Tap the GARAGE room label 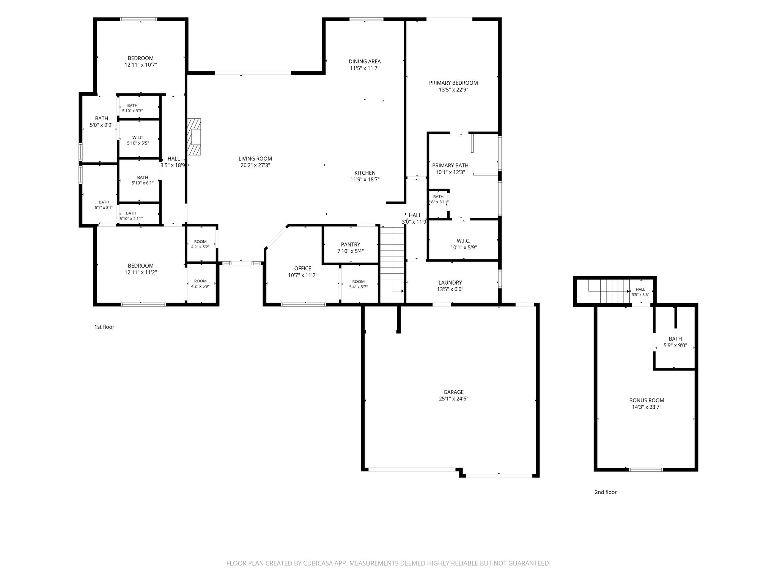coord(453,392)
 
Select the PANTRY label coord(351,244)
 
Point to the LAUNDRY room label coord(450,282)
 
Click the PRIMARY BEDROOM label coord(453,83)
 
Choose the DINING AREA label coord(365,61)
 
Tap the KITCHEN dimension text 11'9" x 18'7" coord(365,180)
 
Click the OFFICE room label coord(303,268)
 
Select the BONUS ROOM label coord(646,400)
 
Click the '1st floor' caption coord(104,327)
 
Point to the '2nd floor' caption coord(606,492)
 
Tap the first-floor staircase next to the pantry coord(392,260)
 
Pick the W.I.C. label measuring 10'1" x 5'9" coord(464,241)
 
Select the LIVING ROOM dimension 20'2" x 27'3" coord(255,165)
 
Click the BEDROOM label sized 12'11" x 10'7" coord(141,58)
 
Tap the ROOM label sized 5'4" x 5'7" coord(359,282)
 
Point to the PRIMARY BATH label coord(450,165)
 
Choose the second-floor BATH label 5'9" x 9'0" coord(675,339)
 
